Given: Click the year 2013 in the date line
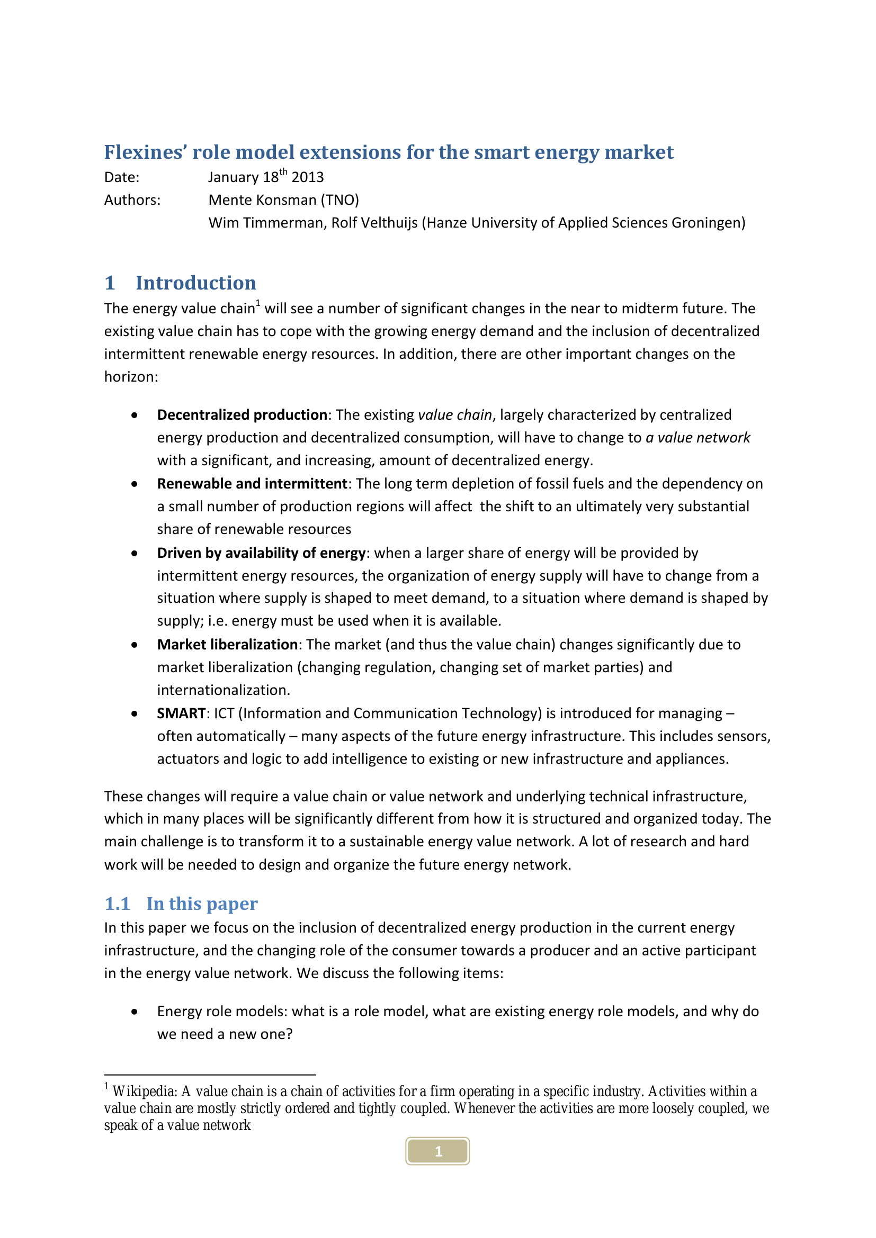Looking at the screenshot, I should pyautogui.click(x=308, y=177).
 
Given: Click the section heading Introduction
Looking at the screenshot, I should pyautogui.click(x=196, y=283).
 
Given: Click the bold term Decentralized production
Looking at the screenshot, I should pyautogui.click(x=242, y=414).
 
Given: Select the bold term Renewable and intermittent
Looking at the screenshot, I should pyautogui.click(x=252, y=484).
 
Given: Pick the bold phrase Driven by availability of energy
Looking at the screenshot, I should pyautogui.click(x=261, y=553).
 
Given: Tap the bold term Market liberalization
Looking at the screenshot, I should pyautogui.click(x=227, y=644).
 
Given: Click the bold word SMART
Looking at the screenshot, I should pyautogui.click(x=181, y=713).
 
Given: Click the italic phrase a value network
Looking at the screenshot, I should pyautogui.click(x=698, y=437).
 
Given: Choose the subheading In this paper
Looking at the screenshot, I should pyautogui.click(x=202, y=903).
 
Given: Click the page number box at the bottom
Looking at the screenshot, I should pyautogui.click(x=437, y=1151).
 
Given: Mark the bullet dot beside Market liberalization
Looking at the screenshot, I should pyautogui.click(x=135, y=645).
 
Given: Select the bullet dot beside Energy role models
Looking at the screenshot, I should pyautogui.click(x=135, y=1011).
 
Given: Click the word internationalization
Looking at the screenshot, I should pyautogui.click(x=224, y=690).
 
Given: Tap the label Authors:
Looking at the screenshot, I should pyautogui.click(x=132, y=200).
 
